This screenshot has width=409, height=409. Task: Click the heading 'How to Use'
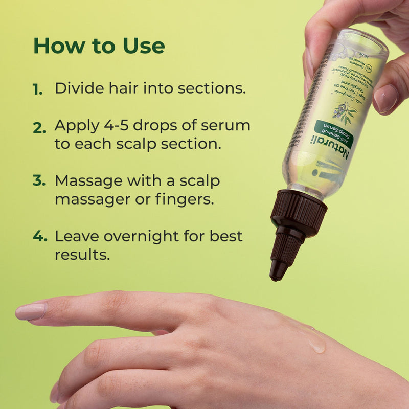(x=99, y=46)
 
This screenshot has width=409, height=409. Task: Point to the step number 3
(x=39, y=181)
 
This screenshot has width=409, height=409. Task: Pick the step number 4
(x=40, y=237)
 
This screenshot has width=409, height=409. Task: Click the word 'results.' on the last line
(x=82, y=254)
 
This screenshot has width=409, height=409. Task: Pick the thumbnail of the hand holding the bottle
(x=388, y=97)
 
